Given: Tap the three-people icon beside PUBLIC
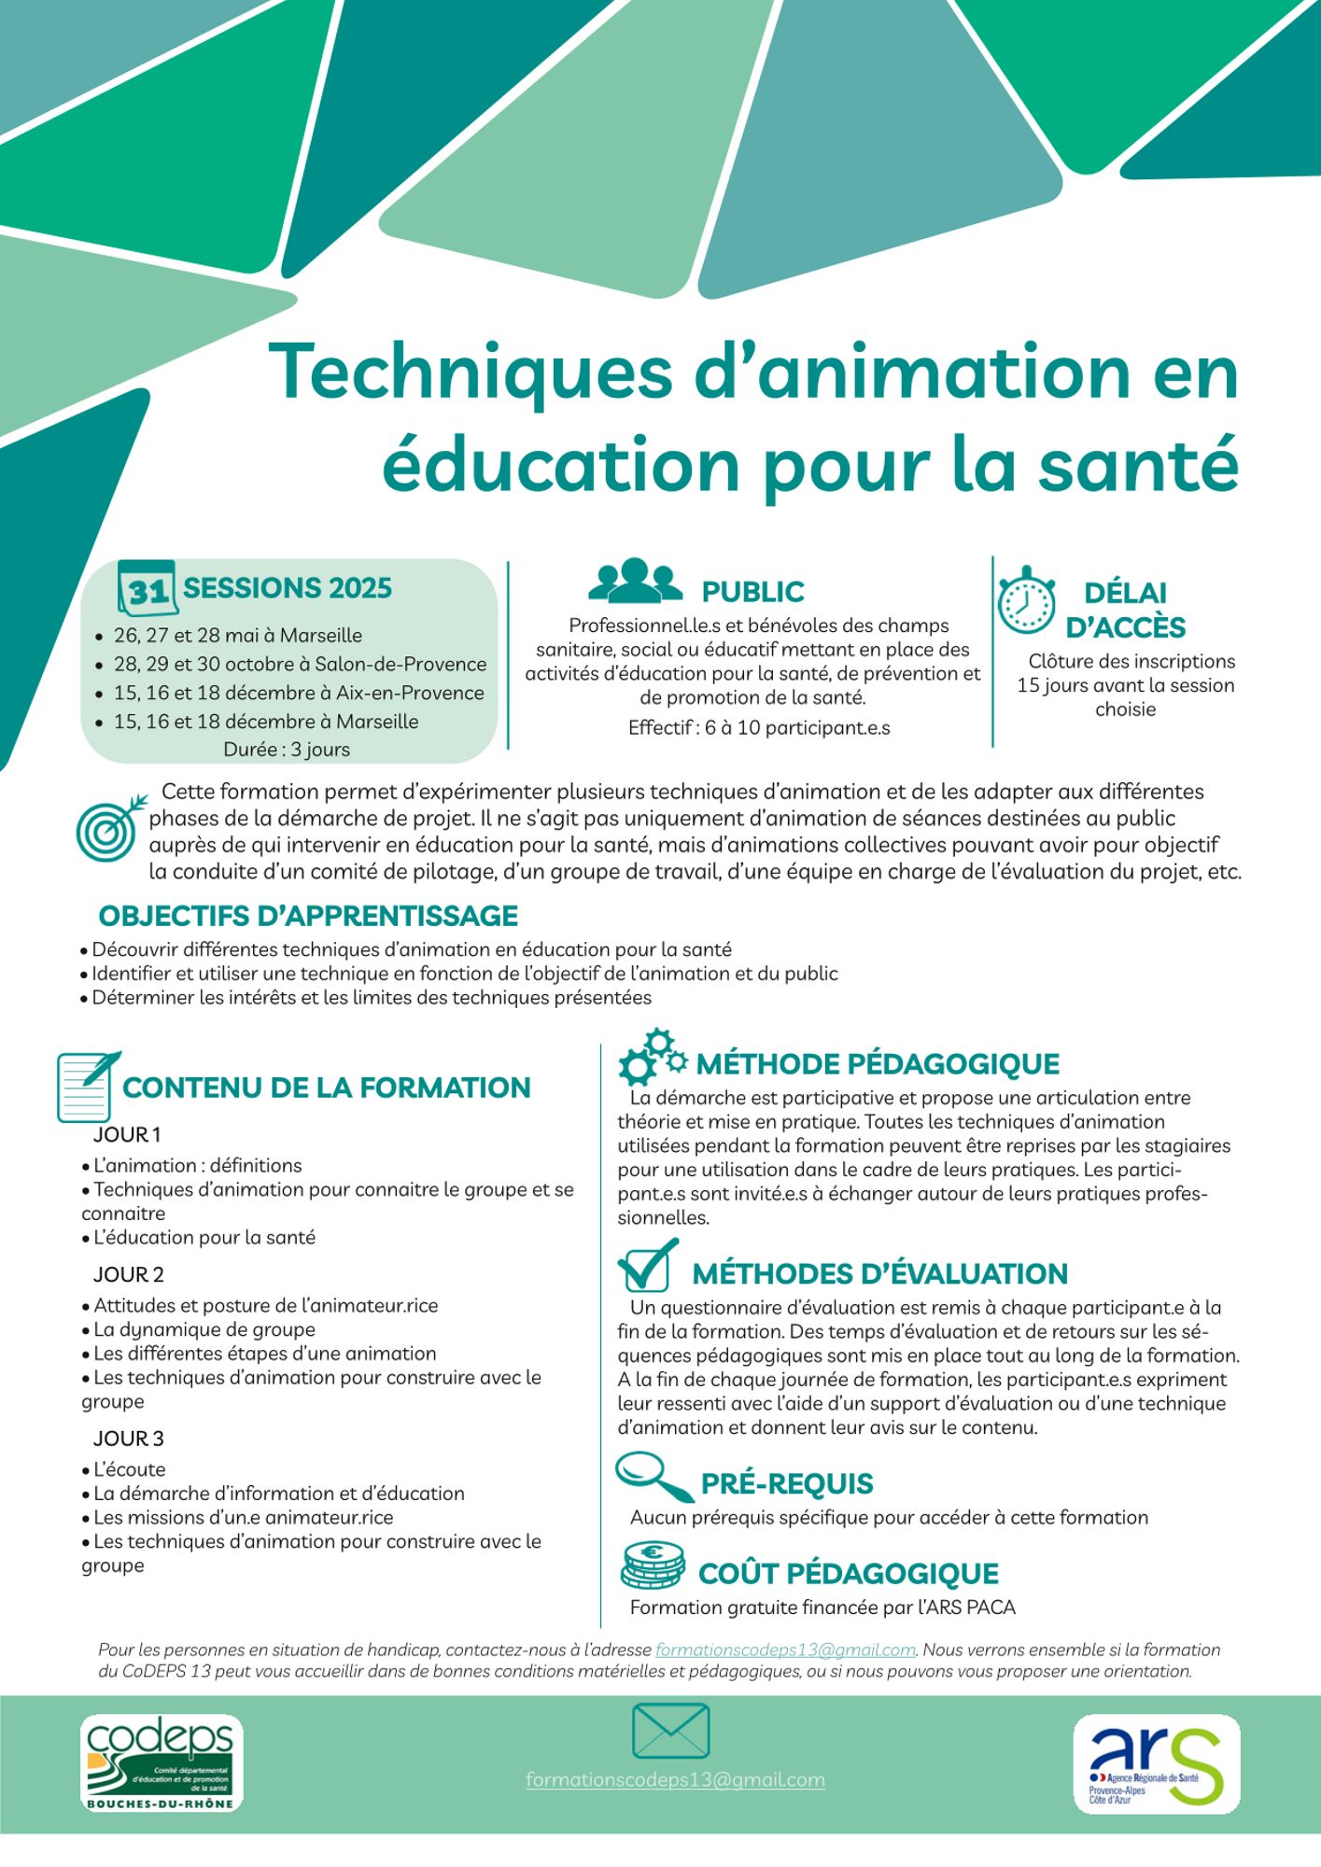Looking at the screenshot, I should coord(635,581).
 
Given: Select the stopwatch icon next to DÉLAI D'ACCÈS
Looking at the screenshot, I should coord(1025,600).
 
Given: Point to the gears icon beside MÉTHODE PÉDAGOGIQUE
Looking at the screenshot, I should coord(652,1058).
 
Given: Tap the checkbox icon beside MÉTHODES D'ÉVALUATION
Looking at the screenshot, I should coord(646,1266).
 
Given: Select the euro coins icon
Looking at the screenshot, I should coord(653,1565).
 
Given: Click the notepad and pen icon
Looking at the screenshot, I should coord(87,1086).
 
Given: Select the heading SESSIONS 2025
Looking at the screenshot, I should coord(288,588).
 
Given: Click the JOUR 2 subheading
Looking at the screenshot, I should coord(129,1275).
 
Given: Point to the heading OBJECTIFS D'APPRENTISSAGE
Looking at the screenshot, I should coord(308,916).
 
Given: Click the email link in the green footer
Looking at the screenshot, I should coord(675,1779).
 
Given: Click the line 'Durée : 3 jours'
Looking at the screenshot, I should coord(287,750).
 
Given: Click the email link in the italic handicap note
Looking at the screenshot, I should coord(785,1650).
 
